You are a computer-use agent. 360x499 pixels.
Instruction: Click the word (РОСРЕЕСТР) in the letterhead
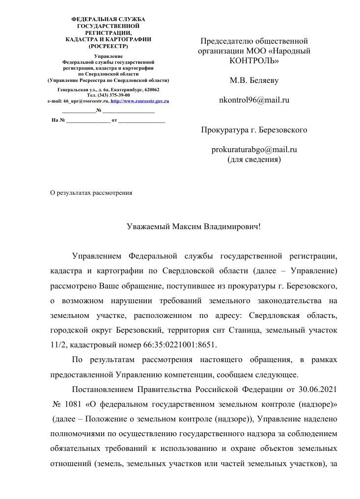point(109,46)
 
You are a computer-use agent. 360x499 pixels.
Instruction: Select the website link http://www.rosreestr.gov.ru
point(140,100)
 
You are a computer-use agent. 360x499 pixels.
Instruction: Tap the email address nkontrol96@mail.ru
point(253,100)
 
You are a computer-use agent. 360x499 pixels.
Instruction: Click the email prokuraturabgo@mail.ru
point(253,151)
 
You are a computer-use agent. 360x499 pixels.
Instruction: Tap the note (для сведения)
point(253,159)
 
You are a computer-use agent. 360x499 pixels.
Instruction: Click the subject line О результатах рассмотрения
point(93,193)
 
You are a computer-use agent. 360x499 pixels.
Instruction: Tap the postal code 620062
point(149,90)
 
